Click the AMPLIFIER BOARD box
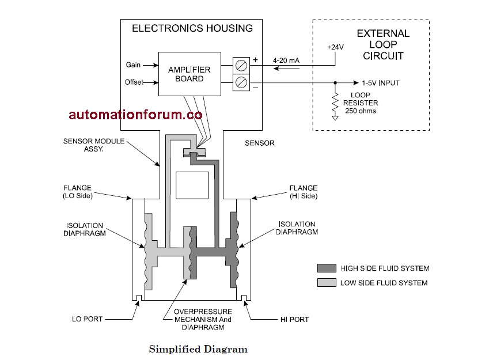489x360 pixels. coord(189,74)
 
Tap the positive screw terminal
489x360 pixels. coord(241,65)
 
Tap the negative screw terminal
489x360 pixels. coord(241,83)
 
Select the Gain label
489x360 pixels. coord(133,65)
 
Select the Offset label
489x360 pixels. coord(134,82)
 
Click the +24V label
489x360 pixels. coord(335,47)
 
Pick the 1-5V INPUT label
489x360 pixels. coord(380,83)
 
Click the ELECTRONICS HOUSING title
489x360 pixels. coord(192,28)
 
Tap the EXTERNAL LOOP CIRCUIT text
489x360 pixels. coord(383,44)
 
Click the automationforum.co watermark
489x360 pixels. coord(135,115)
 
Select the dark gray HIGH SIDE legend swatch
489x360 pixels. coord(327,268)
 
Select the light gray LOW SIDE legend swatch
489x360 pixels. coord(327,283)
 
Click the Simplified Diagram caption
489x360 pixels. coord(198,349)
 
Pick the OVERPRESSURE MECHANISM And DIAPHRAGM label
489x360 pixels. coord(198,319)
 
